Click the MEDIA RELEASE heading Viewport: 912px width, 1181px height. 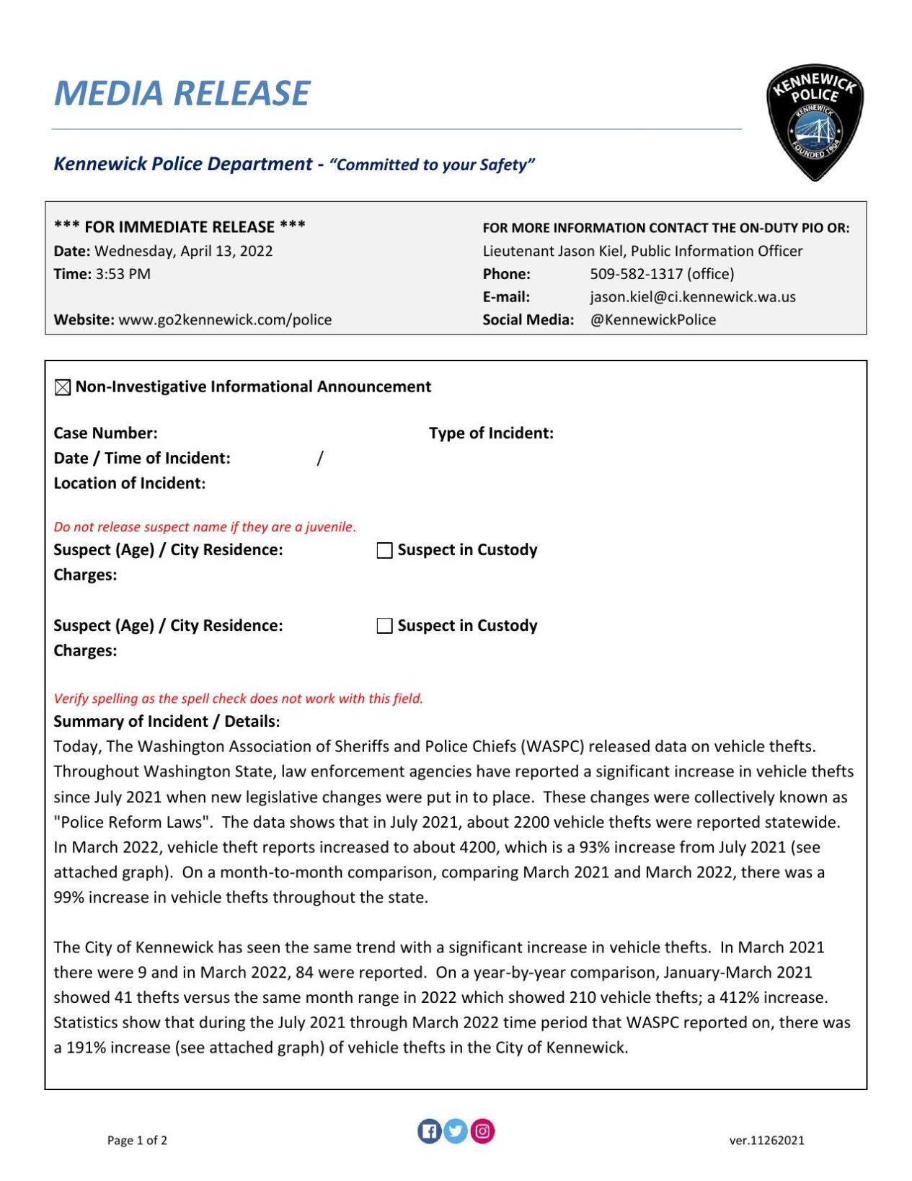[x=182, y=94]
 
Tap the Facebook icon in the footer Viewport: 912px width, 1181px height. [x=429, y=1131]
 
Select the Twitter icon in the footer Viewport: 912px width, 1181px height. [x=455, y=1131]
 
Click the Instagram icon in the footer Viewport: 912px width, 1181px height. [x=482, y=1131]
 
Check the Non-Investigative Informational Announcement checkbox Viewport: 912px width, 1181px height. [x=63, y=388]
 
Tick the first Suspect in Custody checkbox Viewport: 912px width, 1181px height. [x=385, y=551]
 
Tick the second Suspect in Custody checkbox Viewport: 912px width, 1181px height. [x=385, y=626]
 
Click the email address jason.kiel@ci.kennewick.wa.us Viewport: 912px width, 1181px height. [x=692, y=297]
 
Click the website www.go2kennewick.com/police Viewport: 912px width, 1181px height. [x=225, y=320]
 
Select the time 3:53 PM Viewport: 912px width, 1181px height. [x=123, y=274]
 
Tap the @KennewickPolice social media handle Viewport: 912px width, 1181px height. [x=652, y=320]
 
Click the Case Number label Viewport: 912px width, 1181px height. [x=105, y=433]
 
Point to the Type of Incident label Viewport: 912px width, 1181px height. [x=491, y=433]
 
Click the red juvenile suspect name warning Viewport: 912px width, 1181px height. [x=205, y=527]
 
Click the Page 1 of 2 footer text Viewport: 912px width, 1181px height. [x=137, y=1140]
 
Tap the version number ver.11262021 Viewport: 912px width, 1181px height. [x=766, y=1140]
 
